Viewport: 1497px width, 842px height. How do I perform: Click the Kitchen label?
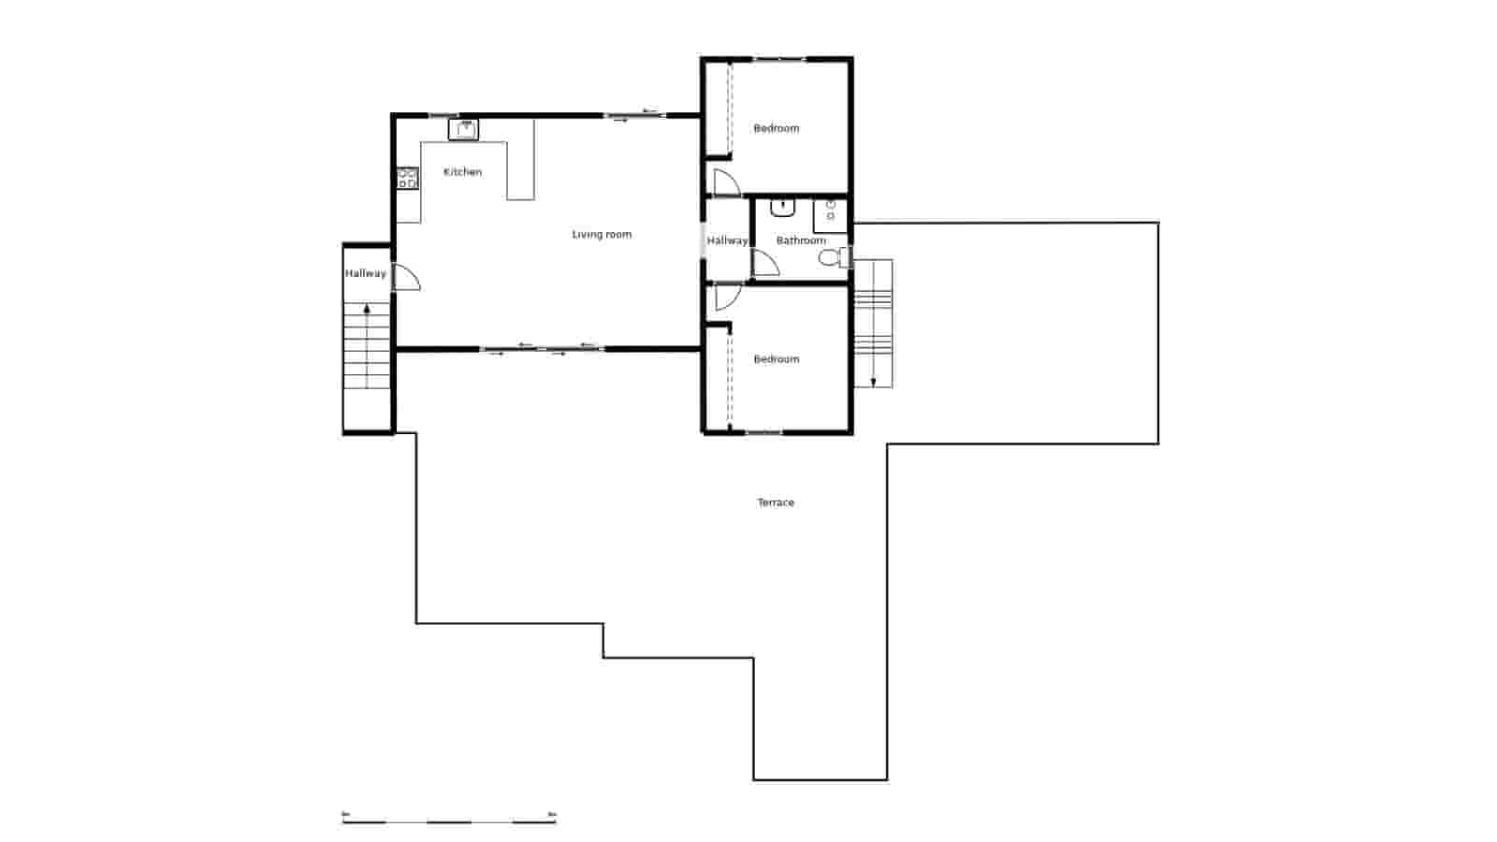(462, 172)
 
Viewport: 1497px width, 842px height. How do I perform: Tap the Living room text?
(602, 235)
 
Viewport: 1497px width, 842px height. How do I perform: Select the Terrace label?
(776, 502)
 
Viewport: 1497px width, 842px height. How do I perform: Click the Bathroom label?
(801, 240)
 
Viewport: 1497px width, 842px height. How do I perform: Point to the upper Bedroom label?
(777, 128)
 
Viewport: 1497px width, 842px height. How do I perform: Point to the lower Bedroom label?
(777, 359)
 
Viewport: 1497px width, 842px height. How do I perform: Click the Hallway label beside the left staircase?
(365, 273)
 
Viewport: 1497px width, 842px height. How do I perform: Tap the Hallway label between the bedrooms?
(727, 240)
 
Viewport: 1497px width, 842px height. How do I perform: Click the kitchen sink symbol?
(463, 129)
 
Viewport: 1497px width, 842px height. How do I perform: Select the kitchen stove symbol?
(407, 178)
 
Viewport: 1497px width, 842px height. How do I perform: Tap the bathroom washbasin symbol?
(781, 207)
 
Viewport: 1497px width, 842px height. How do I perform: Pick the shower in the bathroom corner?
(830, 215)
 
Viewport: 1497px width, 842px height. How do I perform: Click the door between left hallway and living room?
(406, 278)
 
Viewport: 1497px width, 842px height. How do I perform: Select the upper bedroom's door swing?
(725, 183)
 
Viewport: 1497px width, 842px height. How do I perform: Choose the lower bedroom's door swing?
(727, 297)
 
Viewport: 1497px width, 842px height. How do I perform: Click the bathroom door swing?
(765, 264)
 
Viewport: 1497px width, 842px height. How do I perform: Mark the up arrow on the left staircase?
(367, 309)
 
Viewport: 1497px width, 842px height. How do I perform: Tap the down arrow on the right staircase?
(873, 380)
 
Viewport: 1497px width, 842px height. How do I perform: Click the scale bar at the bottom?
(449, 820)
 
